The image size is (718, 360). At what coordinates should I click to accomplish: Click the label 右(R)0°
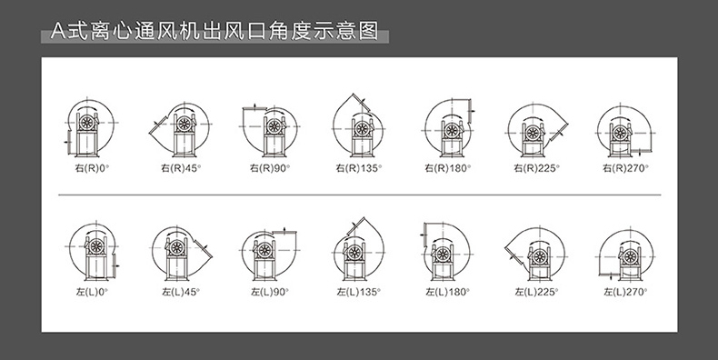(92, 168)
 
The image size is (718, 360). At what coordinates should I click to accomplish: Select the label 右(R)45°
(181, 168)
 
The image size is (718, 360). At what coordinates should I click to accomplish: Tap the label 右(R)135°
(358, 168)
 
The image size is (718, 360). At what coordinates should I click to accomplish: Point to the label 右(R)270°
(625, 168)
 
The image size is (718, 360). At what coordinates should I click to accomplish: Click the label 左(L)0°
(92, 292)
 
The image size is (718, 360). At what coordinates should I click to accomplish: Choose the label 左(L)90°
(270, 292)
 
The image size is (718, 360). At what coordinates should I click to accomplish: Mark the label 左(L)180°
(447, 292)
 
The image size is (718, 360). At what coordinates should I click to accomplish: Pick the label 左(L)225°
(536, 292)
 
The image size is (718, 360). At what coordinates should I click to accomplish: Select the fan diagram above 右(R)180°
(449, 128)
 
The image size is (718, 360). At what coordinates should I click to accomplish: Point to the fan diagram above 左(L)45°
(182, 253)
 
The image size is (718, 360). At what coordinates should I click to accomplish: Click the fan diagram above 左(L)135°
(358, 249)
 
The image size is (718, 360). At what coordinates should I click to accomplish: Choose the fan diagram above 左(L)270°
(626, 254)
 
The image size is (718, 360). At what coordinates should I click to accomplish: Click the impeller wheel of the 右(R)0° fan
(86, 123)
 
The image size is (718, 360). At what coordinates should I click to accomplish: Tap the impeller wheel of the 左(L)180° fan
(443, 254)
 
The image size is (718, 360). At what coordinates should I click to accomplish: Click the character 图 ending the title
(369, 31)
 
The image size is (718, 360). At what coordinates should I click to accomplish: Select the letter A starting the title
(58, 31)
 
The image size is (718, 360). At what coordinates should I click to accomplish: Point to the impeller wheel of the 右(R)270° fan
(620, 134)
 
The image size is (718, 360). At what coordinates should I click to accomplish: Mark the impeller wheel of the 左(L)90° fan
(264, 250)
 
